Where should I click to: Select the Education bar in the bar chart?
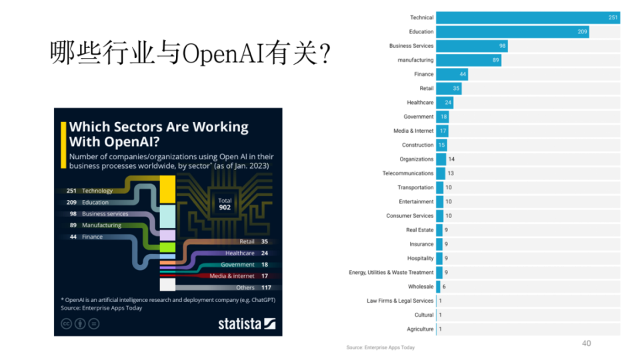point(513,32)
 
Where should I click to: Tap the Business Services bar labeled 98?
point(472,46)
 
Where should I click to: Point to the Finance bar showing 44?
point(452,74)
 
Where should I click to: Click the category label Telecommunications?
point(407,173)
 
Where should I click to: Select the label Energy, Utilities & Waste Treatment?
point(391,272)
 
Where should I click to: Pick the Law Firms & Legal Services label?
point(399,301)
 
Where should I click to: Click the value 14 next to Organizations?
point(451,159)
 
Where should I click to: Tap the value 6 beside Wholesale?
point(444,287)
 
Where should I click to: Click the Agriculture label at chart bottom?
point(420,329)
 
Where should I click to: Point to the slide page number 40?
point(586,343)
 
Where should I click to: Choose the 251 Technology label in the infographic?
point(90,191)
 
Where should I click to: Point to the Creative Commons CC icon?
point(66,324)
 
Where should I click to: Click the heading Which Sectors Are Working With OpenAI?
point(159,133)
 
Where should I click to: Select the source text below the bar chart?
point(380,347)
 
